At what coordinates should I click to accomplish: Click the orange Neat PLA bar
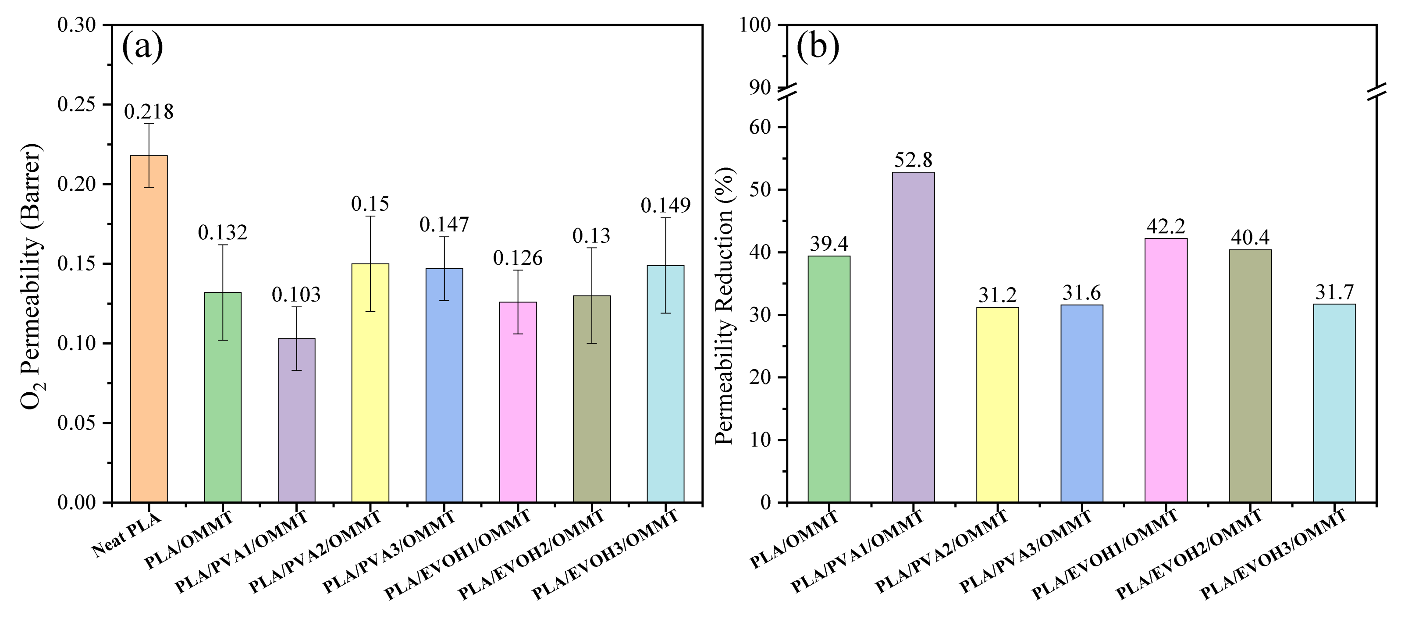pyautogui.click(x=149, y=328)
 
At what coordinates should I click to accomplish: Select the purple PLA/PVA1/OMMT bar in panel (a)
pyautogui.click(x=296, y=420)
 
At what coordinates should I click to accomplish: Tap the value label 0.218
pyautogui.click(x=149, y=111)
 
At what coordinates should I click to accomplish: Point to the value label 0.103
pyautogui.click(x=296, y=295)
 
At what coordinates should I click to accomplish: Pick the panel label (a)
pyautogui.click(x=142, y=47)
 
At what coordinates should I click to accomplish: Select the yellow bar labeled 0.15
pyautogui.click(x=370, y=383)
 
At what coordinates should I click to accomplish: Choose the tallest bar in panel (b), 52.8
pyautogui.click(x=913, y=337)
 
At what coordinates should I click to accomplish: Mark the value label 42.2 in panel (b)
pyautogui.click(x=1166, y=226)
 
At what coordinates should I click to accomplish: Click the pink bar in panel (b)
pyautogui.click(x=1166, y=370)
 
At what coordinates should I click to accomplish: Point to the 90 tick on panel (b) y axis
pyautogui.click(x=759, y=88)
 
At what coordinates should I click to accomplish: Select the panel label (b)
pyautogui.click(x=818, y=47)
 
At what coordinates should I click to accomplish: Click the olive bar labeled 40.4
pyautogui.click(x=1250, y=375)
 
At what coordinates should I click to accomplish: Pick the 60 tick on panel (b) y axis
pyautogui.click(x=759, y=127)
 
